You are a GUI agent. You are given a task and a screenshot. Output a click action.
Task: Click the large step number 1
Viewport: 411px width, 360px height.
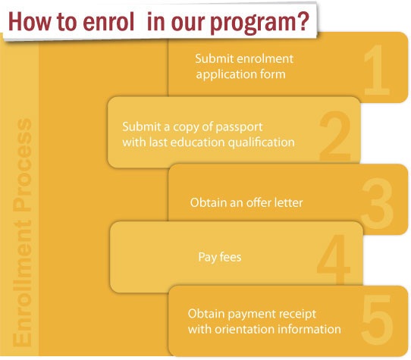pos(378,70)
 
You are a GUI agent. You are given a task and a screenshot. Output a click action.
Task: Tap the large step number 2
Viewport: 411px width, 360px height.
pos(335,136)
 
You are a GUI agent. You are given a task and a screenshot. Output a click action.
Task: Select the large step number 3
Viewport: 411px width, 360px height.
pos(378,203)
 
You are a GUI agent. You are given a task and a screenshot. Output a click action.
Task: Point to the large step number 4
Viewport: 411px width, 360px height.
pos(334,259)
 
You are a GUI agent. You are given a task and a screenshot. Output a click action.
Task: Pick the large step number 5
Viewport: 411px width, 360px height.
pos(378,319)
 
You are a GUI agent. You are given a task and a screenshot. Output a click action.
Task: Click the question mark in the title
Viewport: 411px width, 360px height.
pos(303,21)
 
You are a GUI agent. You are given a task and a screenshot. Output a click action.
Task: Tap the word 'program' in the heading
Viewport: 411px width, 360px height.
pos(253,23)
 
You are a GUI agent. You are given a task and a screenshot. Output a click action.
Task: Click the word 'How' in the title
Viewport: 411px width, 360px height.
pos(29,21)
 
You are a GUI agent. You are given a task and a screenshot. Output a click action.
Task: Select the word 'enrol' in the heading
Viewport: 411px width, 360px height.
pos(108,21)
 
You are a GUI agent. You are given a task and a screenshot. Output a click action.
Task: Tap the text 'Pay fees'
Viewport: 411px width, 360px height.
pos(220,257)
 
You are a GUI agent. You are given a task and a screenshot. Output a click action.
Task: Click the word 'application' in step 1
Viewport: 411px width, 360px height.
pos(223,75)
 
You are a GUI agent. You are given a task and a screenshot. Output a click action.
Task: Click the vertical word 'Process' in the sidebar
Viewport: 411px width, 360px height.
pos(22,164)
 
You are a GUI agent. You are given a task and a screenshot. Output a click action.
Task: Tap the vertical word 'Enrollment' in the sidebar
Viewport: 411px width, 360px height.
pos(22,283)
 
